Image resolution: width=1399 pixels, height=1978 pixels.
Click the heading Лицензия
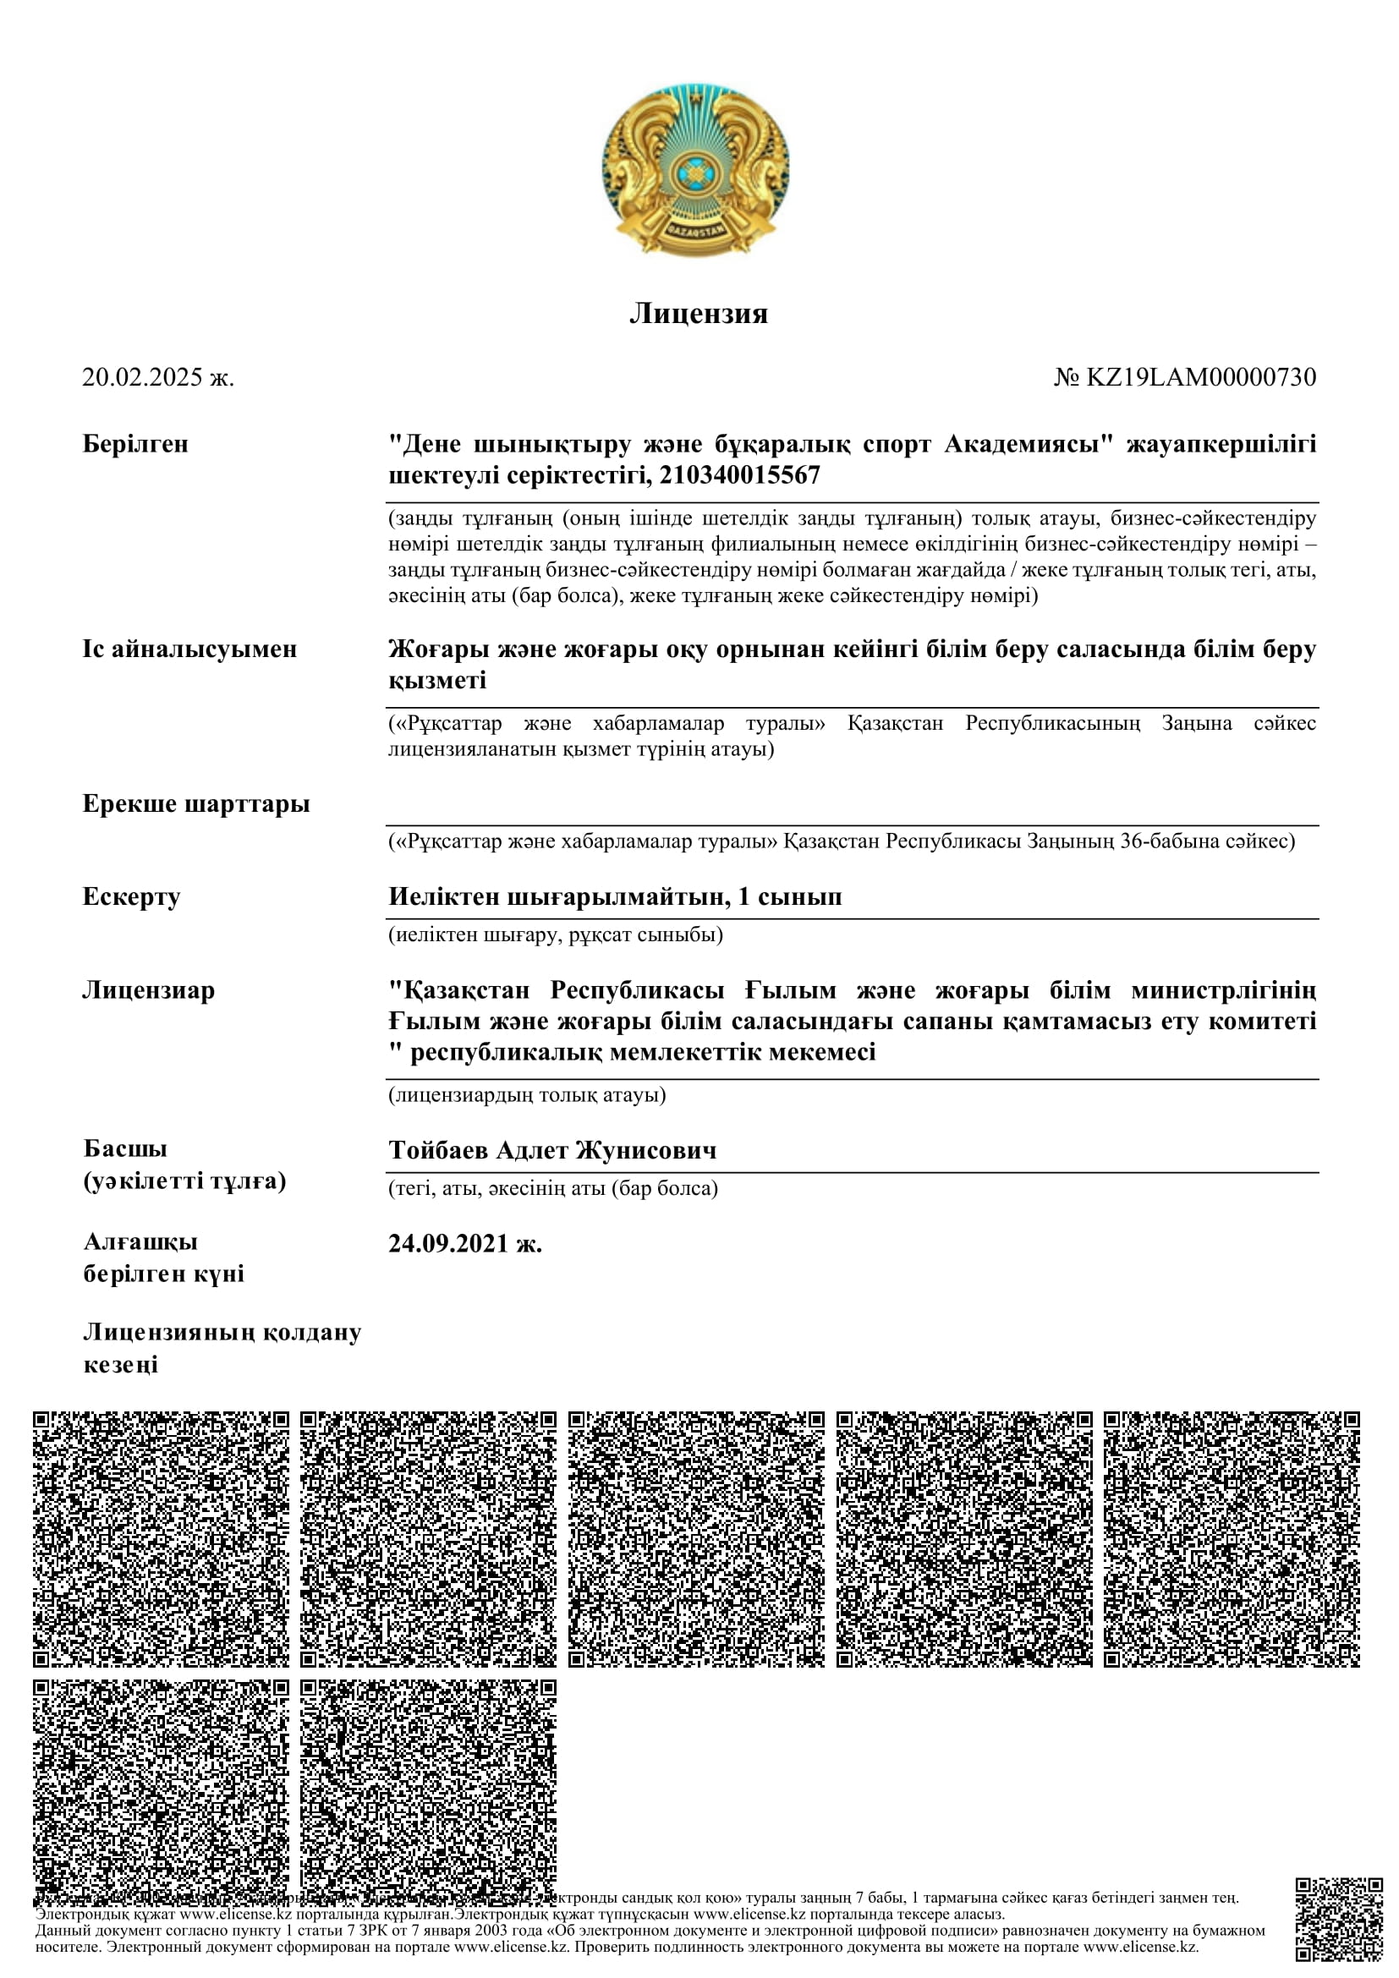pyautogui.click(x=699, y=314)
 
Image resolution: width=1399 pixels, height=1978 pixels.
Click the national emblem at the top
pyautogui.click(x=695, y=171)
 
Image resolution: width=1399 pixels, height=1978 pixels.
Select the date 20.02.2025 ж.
pyautogui.click(x=157, y=377)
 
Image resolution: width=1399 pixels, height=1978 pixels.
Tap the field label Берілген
pyautogui.click(x=135, y=445)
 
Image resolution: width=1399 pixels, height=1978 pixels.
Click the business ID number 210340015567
pyautogui.click(x=739, y=475)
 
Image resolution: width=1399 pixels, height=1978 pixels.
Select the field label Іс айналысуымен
pyautogui.click(x=189, y=649)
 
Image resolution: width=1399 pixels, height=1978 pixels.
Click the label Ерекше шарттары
pyautogui.click(x=195, y=804)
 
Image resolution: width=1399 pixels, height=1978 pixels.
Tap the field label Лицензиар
pyautogui.click(x=148, y=991)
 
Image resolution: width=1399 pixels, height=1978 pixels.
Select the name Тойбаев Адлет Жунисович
pyautogui.click(x=552, y=1151)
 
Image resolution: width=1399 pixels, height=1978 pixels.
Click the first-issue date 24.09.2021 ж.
pyautogui.click(x=465, y=1244)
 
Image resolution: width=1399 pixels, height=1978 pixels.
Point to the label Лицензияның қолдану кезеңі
pyautogui.click(x=222, y=1349)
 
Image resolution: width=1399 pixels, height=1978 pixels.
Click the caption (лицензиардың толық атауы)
pyautogui.click(x=527, y=1095)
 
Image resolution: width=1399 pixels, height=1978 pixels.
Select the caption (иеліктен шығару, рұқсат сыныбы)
pyautogui.click(x=556, y=934)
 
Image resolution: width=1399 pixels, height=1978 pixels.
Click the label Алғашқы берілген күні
pyautogui.click(x=164, y=1257)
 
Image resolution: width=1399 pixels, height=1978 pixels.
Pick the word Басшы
pyautogui.click(x=125, y=1149)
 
